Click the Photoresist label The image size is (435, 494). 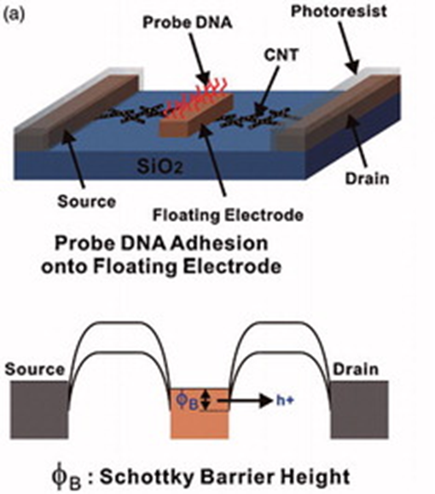click(x=339, y=12)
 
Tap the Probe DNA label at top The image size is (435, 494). click(x=188, y=23)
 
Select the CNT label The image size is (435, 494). click(x=281, y=55)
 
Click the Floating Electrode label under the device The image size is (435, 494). click(x=228, y=216)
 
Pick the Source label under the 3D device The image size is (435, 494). click(x=87, y=201)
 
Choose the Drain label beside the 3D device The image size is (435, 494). click(x=368, y=178)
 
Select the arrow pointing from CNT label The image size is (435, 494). click(x=268, y=90)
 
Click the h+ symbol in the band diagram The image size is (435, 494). click(x=285, y=400)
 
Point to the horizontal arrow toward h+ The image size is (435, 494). click(x=245, y=401)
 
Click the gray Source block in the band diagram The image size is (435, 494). click(x=40, y=410)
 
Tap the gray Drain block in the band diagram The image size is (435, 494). click(x=359, y=410)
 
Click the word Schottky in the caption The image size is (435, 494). click(x=147, y=477)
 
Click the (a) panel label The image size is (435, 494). click(x=14, y=15)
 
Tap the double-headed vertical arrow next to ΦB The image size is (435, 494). click(x=206, y=399)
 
